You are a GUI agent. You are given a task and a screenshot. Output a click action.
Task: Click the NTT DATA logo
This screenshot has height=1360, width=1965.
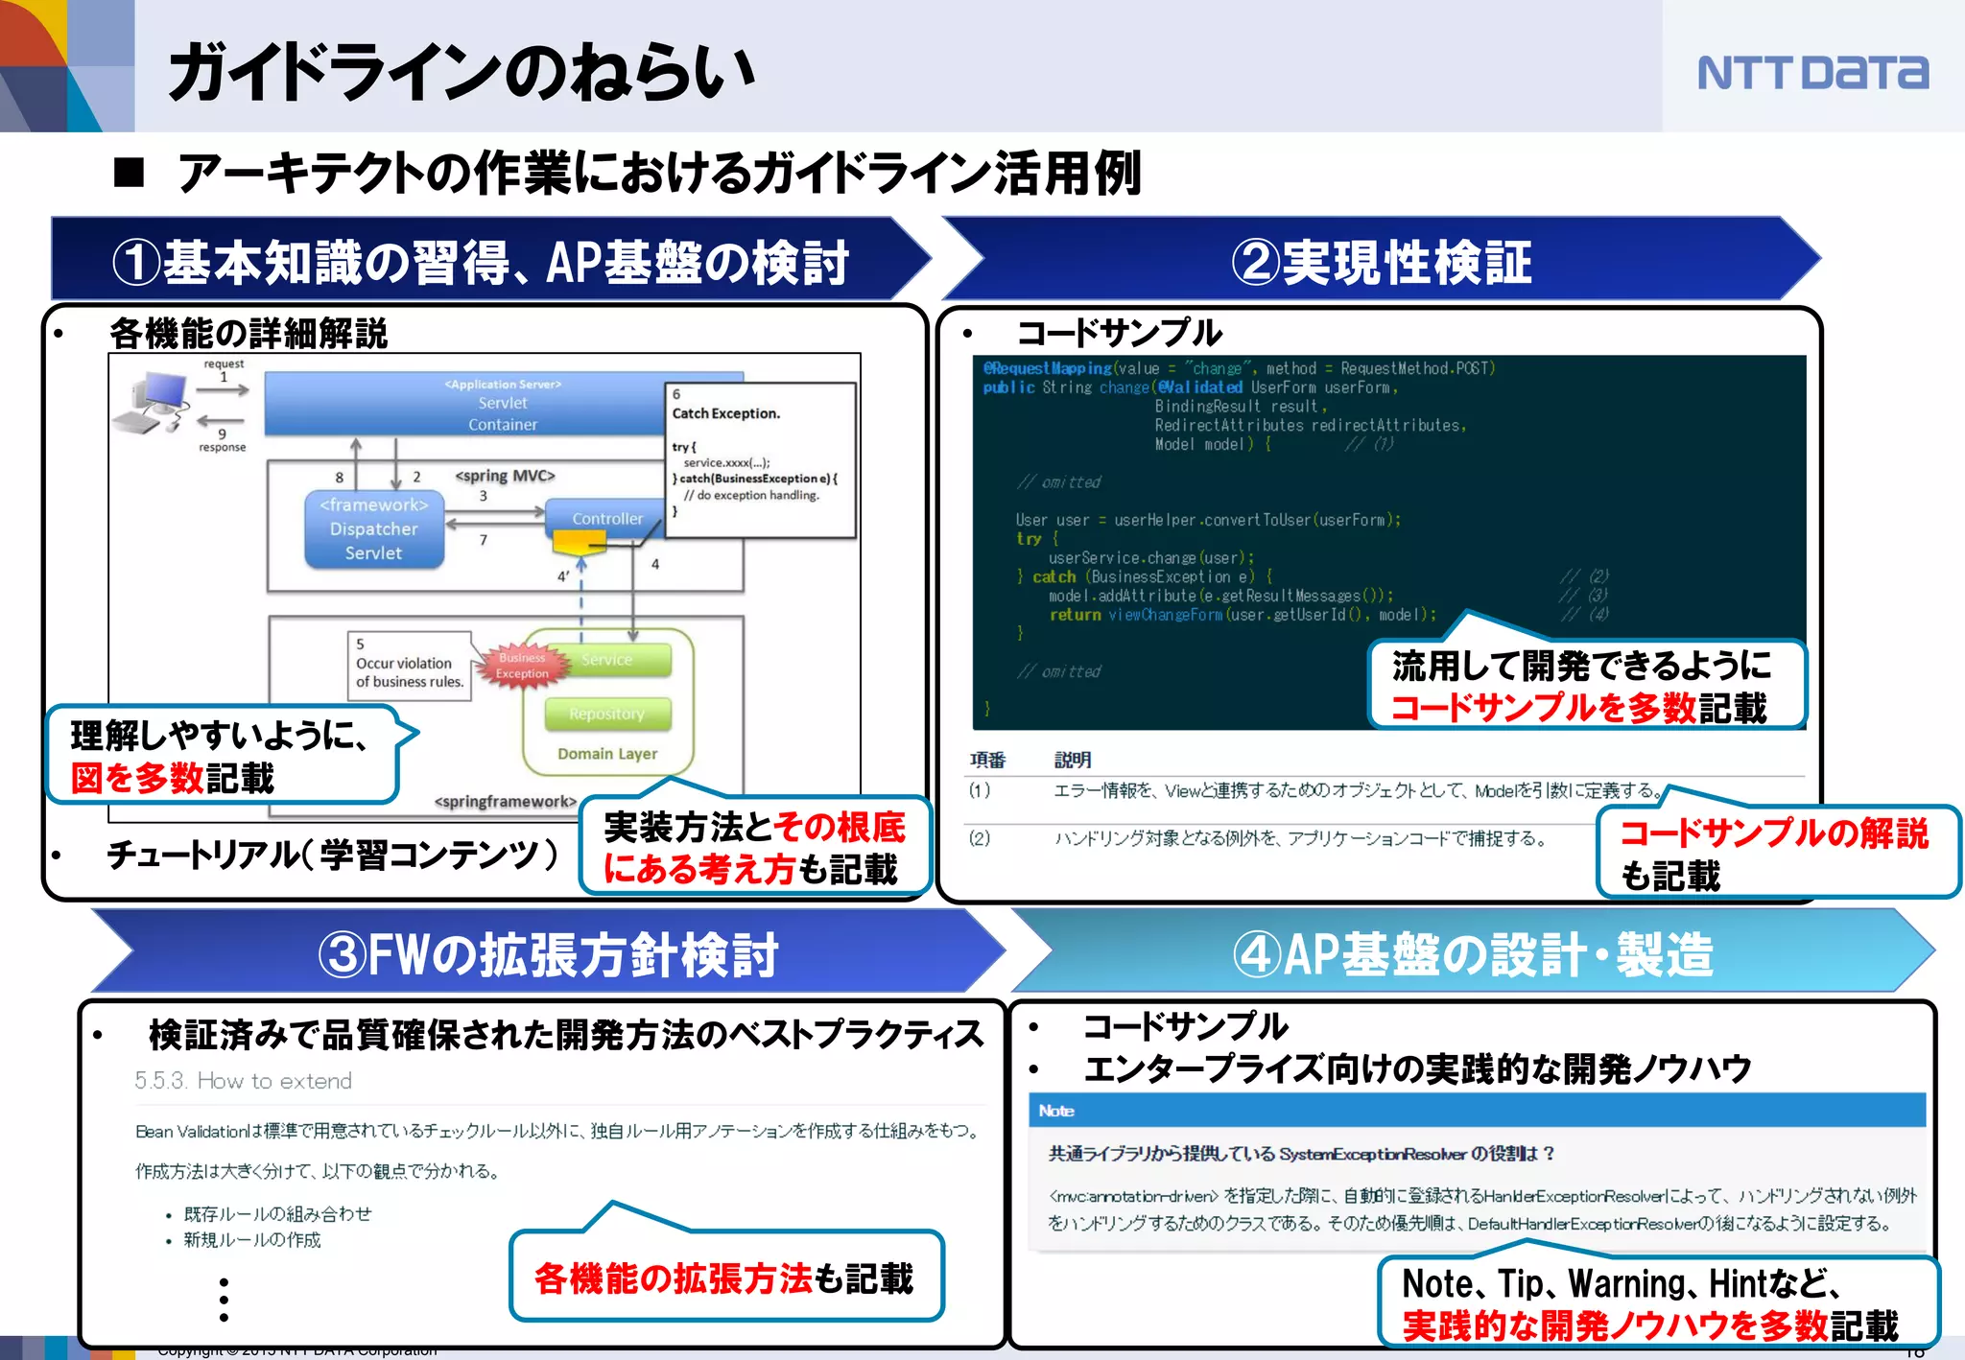click(x=1811, y=73)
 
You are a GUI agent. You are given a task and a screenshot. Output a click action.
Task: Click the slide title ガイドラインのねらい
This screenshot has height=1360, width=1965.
click(x=461, y=73)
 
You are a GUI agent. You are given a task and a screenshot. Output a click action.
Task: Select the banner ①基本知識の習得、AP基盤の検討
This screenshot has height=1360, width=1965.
click(x=480, y=261)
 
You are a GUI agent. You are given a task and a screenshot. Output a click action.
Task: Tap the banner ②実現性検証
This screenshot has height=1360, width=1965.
click(x=1382, y=261)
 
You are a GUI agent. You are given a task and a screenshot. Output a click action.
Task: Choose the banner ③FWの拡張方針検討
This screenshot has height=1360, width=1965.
click(x=547, y=953)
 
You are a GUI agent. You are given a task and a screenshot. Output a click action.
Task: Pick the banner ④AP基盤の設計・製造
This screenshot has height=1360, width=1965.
click(x=1473, y=953)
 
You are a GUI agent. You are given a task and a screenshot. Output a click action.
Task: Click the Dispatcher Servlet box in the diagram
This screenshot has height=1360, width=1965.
click(x=374, y=529)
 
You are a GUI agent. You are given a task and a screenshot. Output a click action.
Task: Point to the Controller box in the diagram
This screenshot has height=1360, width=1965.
click(x=606, y=518)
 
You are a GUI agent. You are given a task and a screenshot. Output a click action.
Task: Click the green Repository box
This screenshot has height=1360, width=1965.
click(x=606, y=714)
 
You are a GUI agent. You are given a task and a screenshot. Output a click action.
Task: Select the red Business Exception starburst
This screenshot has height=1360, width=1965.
click(x=522, y=665)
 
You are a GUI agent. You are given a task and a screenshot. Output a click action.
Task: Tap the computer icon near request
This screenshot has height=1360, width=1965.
click(x=154, y=403)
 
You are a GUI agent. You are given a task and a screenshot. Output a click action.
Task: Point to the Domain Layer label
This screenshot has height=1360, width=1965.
click(x=607, y=754)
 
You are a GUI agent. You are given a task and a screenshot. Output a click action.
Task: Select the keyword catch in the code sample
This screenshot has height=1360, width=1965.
click(x=1054, y=576)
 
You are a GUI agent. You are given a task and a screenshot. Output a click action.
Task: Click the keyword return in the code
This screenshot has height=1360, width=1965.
click(x=1075, y=615)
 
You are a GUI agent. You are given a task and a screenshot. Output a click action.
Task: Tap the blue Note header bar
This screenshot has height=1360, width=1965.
click(x=1478, y=1111)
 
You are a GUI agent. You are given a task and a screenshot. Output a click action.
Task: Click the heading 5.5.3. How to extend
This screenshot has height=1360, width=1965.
click(x=243, y=1081)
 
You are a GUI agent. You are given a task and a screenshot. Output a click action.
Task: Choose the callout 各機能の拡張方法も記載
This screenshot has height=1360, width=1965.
click(x=725, y=1278)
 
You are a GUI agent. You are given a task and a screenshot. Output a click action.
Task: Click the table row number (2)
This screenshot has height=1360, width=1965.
click(x=979, y=838)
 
